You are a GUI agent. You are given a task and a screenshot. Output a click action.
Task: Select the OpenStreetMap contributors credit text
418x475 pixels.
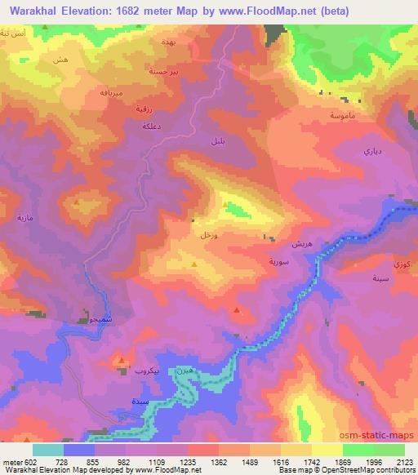click(x=361, y=471)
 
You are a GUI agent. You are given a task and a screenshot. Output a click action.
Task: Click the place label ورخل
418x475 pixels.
click(x=207, y=235)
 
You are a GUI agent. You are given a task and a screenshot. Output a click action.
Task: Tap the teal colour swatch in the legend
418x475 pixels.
click(x=48, y=449)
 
